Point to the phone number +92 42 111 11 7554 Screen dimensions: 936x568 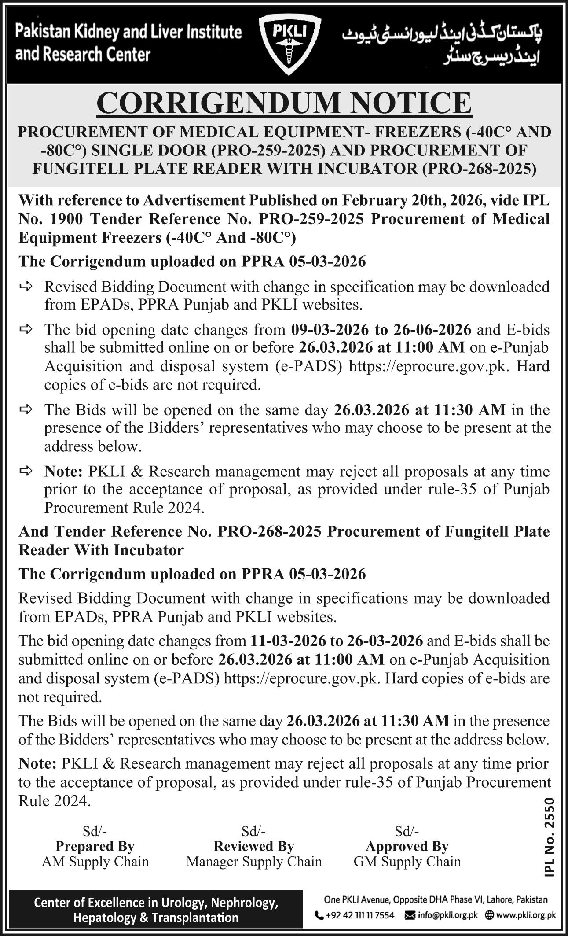[360, 915]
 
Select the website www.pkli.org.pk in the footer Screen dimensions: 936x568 [526, 915]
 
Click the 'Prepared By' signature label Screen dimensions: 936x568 [95, 846]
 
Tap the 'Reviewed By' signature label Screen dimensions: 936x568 [254, 846]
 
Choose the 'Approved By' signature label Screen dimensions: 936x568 [407, 846]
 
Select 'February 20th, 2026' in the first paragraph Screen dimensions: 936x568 [413, 200]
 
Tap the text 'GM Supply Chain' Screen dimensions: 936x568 [407, 862]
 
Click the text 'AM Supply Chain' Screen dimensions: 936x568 [95, 862]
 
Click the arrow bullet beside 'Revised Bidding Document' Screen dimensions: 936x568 [26, 287]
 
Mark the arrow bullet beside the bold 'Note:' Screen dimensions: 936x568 [26, 471]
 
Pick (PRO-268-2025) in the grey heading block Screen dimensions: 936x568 [479, 169]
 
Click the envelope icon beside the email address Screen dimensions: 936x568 [410, 915]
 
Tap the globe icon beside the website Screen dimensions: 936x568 [488, 915]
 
